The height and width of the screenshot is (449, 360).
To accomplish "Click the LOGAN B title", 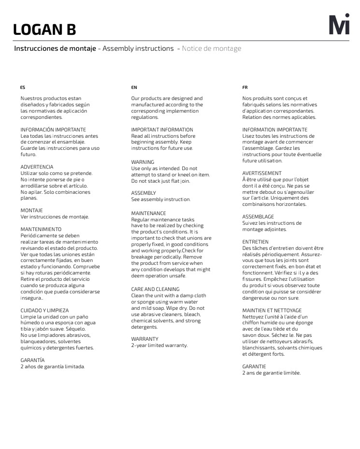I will (x=44, y=29).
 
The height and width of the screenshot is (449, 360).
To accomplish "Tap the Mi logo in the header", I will (x=339, y=26).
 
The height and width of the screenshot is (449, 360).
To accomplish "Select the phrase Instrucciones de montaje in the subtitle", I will (x=55, y=49).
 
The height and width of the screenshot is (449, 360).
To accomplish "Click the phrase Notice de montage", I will (x=211, y=49).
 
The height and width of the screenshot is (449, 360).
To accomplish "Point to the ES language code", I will (x=23, y=87).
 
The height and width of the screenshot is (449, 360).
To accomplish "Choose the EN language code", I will (x=134, y=87).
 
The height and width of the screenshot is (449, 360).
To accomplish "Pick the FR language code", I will (x=245, y=87).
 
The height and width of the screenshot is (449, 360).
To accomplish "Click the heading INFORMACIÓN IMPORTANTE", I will (x=53, y=130).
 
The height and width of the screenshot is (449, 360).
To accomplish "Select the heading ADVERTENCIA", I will (x=37, y=167).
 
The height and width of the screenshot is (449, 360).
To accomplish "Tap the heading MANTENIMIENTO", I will (x=41, y=229).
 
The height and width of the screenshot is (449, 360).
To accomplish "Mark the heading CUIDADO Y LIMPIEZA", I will (x=44, y=310).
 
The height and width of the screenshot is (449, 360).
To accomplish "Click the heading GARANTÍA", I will (x=32, y=360).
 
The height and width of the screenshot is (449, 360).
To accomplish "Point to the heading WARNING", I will (x=143, y=162).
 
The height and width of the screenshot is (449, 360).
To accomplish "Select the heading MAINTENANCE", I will (x=148, y=213).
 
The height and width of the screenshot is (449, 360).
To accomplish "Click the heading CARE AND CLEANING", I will (x=155, y=289).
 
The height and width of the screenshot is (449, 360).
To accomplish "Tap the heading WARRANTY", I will (x=145, y=339).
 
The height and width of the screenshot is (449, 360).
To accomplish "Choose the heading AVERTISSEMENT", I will (x=262, y=173).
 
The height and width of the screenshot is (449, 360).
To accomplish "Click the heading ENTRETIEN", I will (x=255, y=242).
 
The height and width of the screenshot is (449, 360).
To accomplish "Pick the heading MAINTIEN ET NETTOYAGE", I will (x=272, y=310).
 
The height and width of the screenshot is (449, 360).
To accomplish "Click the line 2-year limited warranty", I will (x=159, y=345).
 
